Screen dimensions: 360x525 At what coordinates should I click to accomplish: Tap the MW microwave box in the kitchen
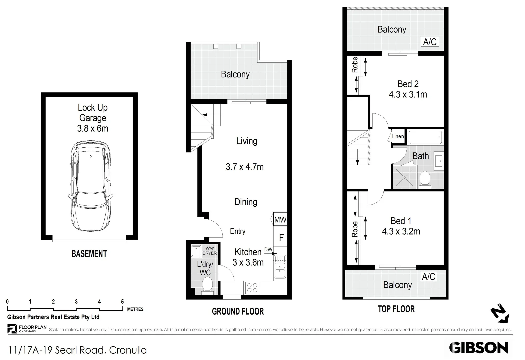280,220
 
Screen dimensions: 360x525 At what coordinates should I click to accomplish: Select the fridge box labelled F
281,237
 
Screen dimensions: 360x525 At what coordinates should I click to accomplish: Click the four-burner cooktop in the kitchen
252,288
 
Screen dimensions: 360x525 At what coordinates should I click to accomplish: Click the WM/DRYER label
209,251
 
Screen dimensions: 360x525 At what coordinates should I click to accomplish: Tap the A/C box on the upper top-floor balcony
430,42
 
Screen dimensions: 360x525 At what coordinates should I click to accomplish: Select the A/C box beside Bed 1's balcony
429,277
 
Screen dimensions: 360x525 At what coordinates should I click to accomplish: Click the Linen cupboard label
397,136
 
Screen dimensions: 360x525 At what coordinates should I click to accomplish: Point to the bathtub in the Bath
426,137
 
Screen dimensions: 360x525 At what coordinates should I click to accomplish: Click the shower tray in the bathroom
405,177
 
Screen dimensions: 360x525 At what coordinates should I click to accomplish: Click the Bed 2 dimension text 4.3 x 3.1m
408,95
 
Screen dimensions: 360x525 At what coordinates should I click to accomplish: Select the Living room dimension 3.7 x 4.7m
245,167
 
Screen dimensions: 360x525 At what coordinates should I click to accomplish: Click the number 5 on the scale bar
122,302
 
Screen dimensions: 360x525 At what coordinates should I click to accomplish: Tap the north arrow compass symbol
500,313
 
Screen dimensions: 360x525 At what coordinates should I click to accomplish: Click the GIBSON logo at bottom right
478,348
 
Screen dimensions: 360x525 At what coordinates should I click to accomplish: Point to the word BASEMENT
89,254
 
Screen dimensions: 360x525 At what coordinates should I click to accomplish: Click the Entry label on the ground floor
237,231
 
